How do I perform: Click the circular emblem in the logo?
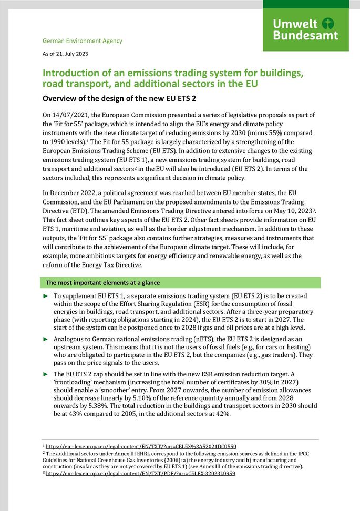[329, 24]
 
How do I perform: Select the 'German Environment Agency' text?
[82, 40]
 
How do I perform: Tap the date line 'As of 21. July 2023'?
[65, 54]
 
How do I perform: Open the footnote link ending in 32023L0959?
[140, 473]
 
